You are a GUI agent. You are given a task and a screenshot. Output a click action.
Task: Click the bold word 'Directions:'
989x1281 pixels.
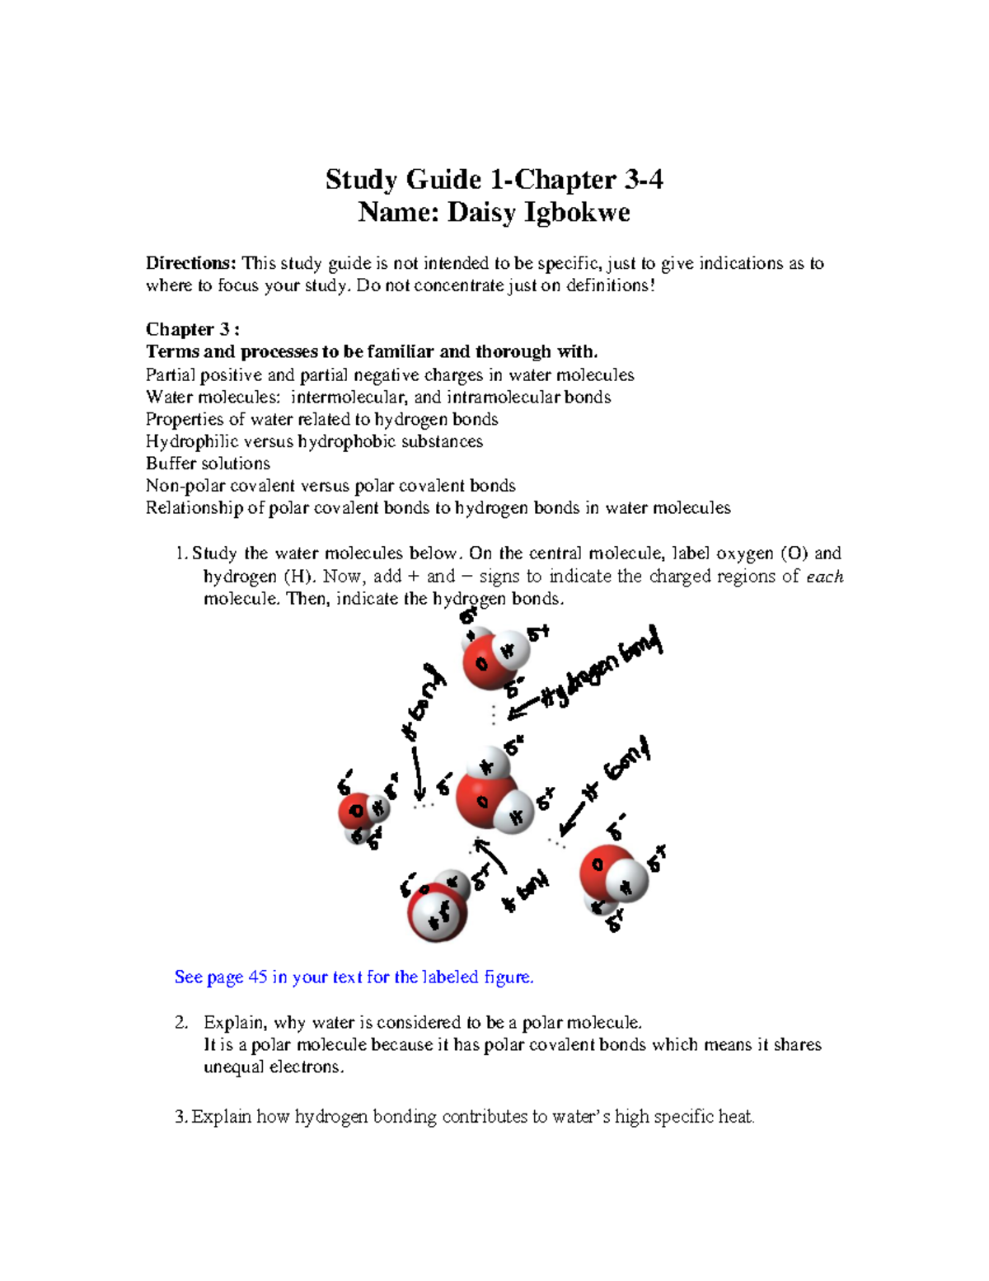click(x=190, y=263)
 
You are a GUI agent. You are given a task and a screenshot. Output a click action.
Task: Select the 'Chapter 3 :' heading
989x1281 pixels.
click(x=192, y=329)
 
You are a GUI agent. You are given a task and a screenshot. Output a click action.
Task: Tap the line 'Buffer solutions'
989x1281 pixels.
click(x=208, y=463)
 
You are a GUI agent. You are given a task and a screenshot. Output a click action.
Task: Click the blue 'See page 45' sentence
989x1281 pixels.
click(x=354, y=977)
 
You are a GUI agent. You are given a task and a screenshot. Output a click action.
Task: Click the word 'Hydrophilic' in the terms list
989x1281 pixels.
click(x=191, y=441)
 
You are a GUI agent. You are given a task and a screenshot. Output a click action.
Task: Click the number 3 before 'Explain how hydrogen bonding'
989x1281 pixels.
click(x=180, y=1117)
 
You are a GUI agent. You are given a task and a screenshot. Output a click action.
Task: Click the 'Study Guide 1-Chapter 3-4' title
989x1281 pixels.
click(x=494, y=179)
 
